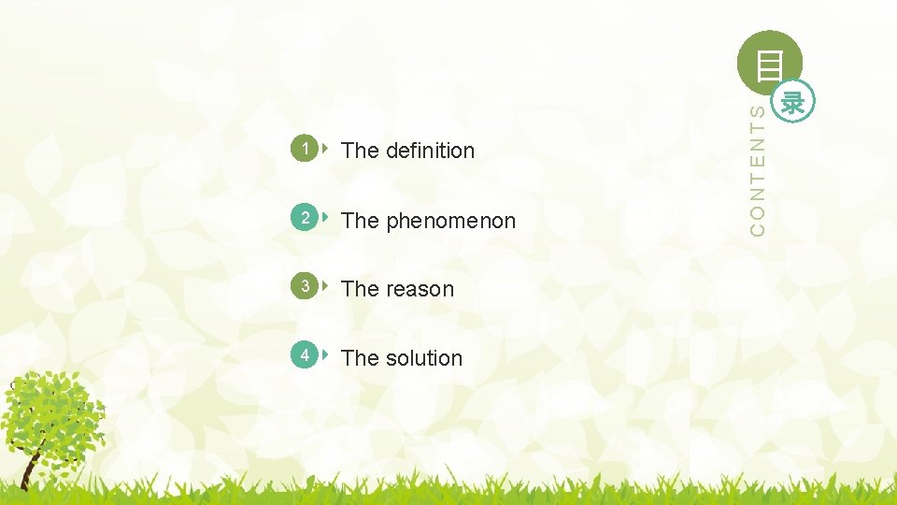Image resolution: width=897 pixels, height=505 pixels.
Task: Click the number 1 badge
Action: pos(304,149)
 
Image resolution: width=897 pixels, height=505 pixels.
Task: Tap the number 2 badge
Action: pos(304,219)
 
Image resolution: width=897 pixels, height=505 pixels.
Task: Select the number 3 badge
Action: pos(304,287)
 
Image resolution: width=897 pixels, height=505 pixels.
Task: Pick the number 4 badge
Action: pos(304,356)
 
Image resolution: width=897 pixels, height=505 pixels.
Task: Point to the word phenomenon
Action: pos(450,222)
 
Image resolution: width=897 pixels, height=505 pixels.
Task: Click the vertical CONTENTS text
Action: pos(760,168)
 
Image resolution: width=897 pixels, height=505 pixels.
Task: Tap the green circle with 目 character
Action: pos(769,63)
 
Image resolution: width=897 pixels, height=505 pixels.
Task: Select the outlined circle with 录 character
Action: pos(794,101)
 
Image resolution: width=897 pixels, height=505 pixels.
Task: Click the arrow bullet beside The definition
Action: pos(324,148)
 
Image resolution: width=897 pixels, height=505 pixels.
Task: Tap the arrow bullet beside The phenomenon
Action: pos(324,218)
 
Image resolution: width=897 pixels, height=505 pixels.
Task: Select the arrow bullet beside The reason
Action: pos(324,286)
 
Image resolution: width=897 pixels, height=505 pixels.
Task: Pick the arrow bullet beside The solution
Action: pos(324,355)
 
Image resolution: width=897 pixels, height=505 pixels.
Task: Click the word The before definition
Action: pos(360,151)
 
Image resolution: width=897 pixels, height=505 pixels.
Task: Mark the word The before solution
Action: pos(360,358)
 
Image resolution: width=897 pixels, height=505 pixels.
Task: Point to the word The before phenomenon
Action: pos(360,222)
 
